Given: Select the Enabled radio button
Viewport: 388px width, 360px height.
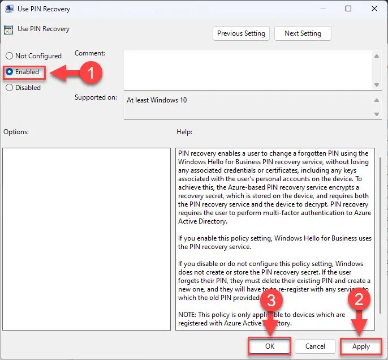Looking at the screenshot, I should click(10, 72).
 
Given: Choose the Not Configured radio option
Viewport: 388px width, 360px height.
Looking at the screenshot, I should click(10, 56).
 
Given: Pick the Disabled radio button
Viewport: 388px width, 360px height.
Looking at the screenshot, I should click(10, 88).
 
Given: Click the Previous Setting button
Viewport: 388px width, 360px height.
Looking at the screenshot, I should click(241, 33).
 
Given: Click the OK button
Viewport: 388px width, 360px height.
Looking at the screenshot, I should click(269, 346).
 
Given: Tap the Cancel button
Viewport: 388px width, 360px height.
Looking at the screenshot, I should click(315, 346).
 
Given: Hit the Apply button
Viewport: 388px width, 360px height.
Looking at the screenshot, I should click(361, 346).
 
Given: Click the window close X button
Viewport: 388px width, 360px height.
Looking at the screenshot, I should click(374, 8).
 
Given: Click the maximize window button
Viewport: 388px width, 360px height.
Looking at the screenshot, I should click(348, 8).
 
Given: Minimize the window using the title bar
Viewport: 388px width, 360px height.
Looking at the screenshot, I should click(322, 8).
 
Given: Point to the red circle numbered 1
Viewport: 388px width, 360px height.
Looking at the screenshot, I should click(90, 72).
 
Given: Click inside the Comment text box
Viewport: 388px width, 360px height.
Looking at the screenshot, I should click(249, 69).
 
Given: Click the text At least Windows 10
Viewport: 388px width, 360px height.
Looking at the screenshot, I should click(157, 100).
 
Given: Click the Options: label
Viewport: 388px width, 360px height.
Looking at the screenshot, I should click(16, 132).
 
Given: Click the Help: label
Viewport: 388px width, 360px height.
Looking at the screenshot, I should click(184, 132).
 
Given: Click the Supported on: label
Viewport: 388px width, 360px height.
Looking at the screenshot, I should click(96, 97).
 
